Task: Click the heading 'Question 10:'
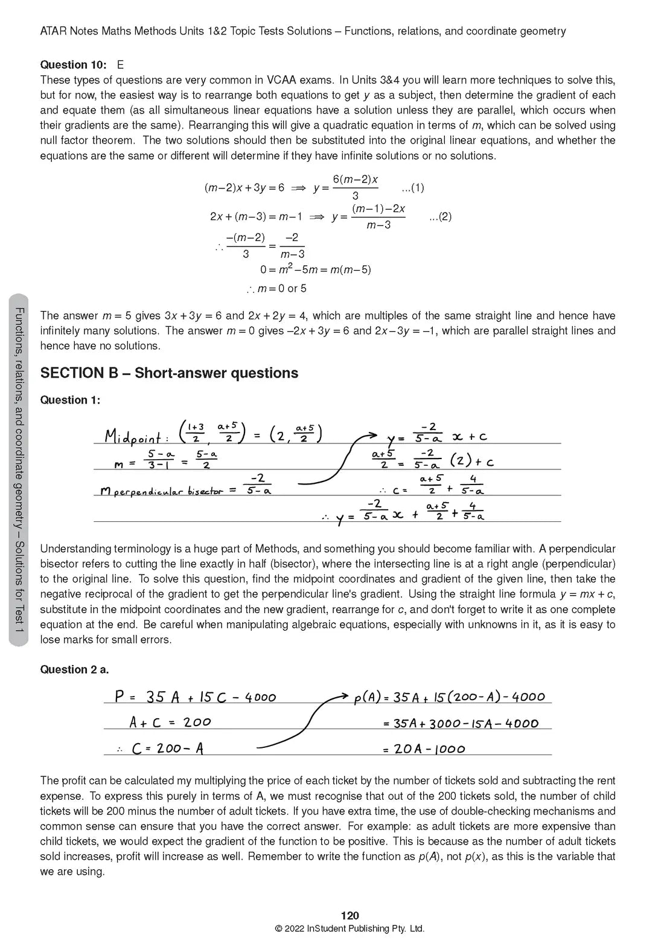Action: tap(73, 65)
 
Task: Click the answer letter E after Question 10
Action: tap(121, 65)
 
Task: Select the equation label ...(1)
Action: tap(412, 188)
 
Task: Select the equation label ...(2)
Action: tap(440, 217)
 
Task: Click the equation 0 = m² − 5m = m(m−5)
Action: tap(315, 269)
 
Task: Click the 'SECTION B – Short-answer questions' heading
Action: tap(169, 373)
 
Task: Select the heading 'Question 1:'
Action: tap(70, 400)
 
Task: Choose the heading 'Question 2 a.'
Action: tap(74, 669)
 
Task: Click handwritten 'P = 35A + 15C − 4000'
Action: tap(195, 697)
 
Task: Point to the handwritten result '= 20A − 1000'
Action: tap(424, 749)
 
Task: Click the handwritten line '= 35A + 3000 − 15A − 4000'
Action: tap(461, 723)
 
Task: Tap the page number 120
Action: tap(350, 916)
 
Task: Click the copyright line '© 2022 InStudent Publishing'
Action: tap(350, 929)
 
